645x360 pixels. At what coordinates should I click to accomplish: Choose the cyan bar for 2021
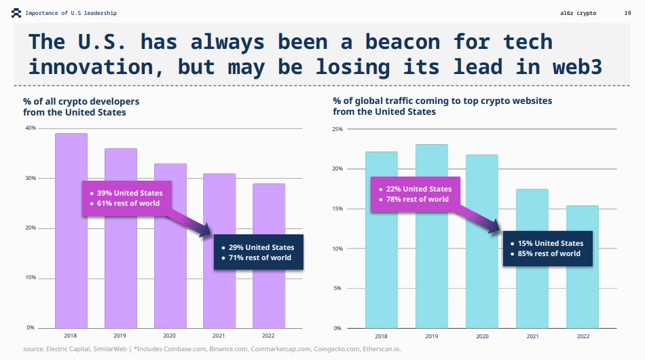(533, 299)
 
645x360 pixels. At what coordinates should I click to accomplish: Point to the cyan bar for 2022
(583, 299)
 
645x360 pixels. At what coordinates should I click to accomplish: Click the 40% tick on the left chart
(31, 128)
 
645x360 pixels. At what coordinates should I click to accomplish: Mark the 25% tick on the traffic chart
(338, 129)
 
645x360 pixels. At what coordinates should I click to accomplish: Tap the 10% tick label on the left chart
(31, 278)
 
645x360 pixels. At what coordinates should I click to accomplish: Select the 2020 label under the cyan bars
(482, 336)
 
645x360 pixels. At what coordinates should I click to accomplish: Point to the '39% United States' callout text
(129, 193)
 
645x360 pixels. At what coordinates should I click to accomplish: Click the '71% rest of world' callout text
(260, 257)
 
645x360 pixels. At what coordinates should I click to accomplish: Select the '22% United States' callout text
(418, 189)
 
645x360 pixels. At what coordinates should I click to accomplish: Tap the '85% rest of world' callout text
(549, 253)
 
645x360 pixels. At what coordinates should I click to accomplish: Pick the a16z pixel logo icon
(16, 13)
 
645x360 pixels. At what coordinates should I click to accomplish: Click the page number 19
(627, 13)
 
